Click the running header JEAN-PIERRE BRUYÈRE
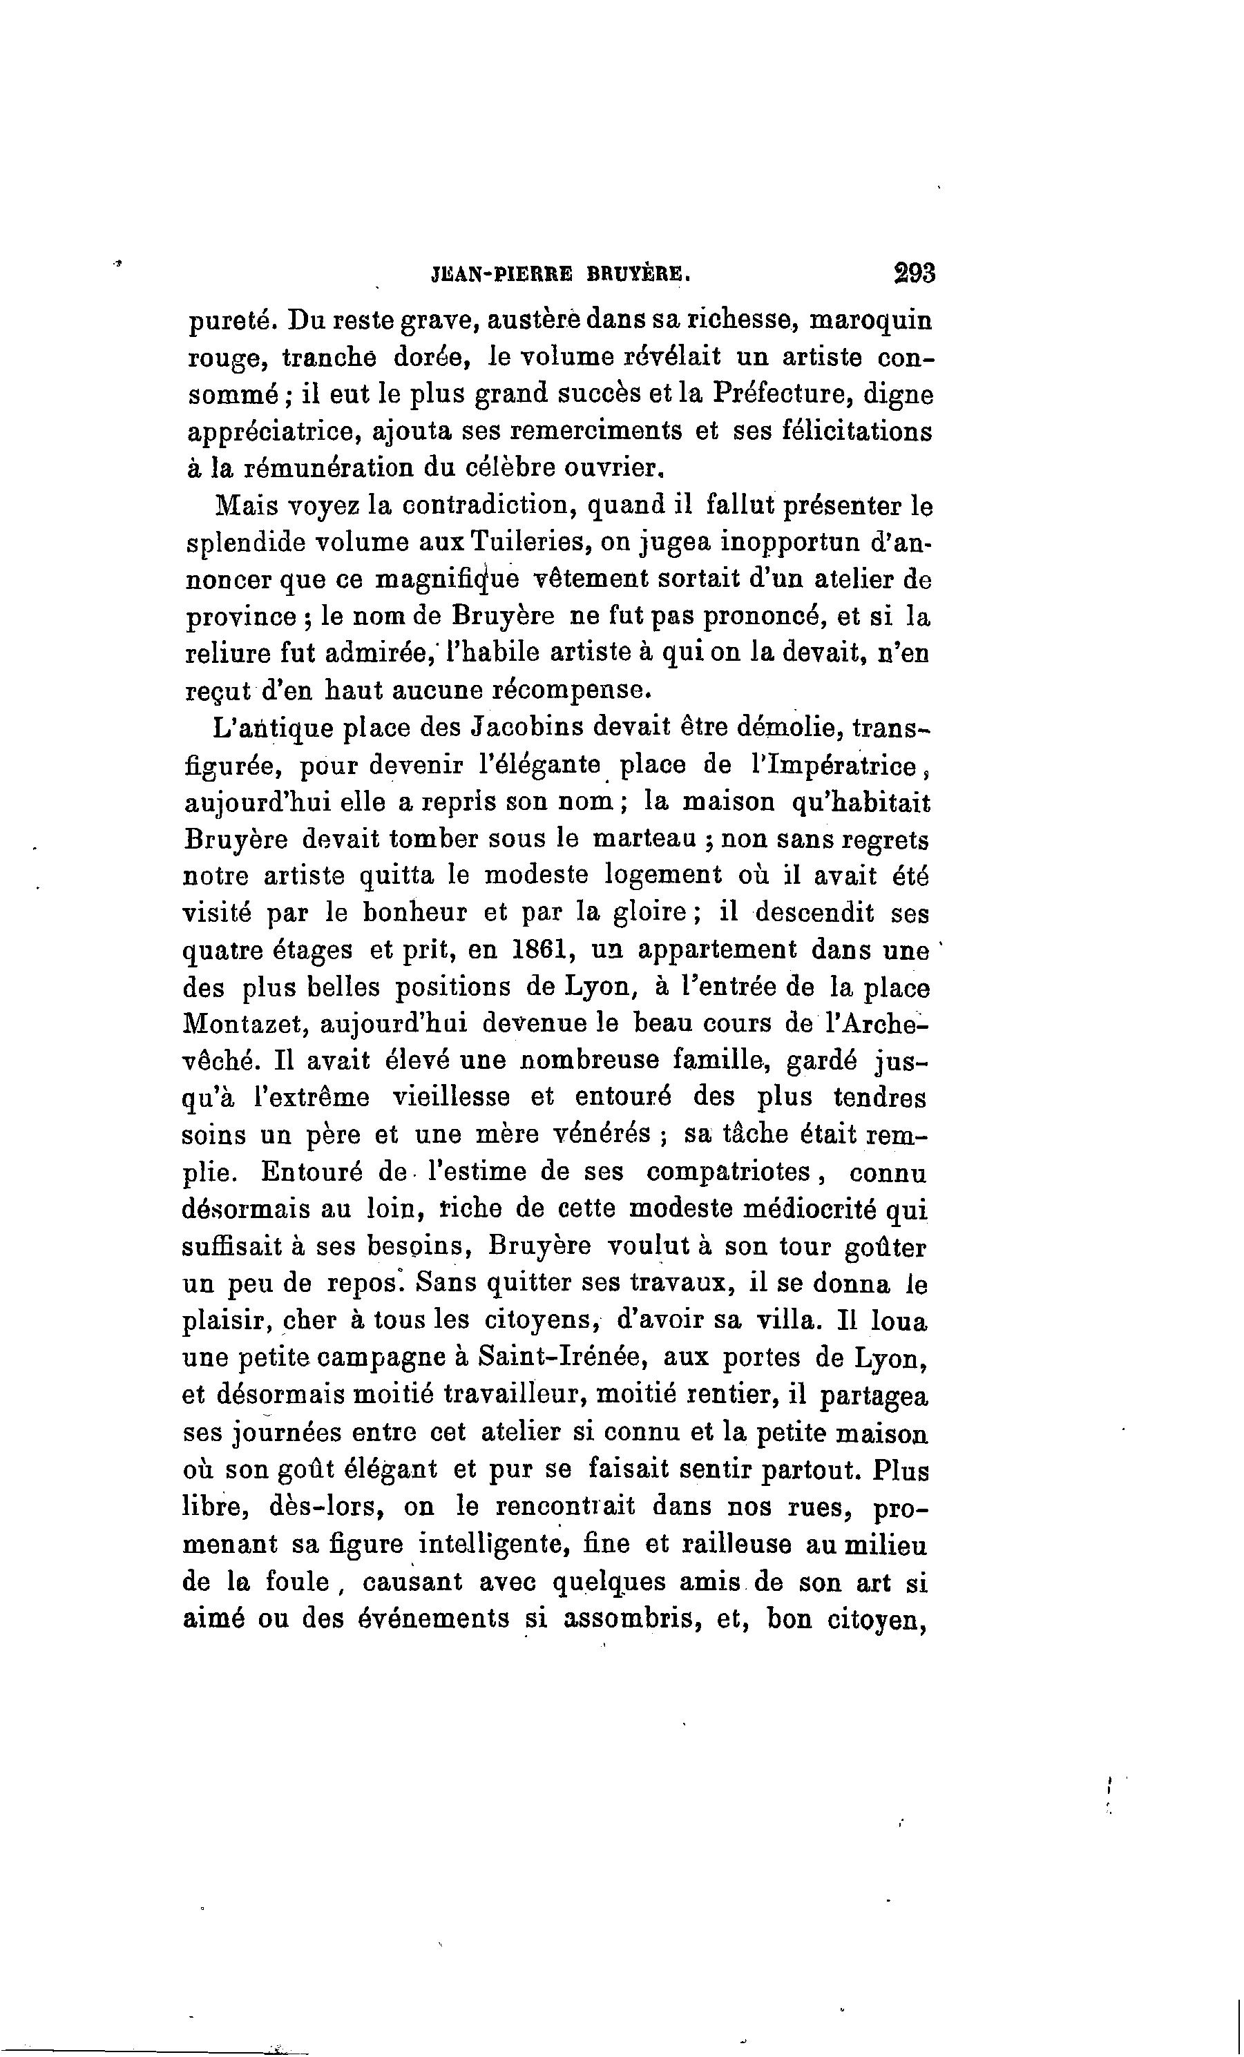click(561, 274)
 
